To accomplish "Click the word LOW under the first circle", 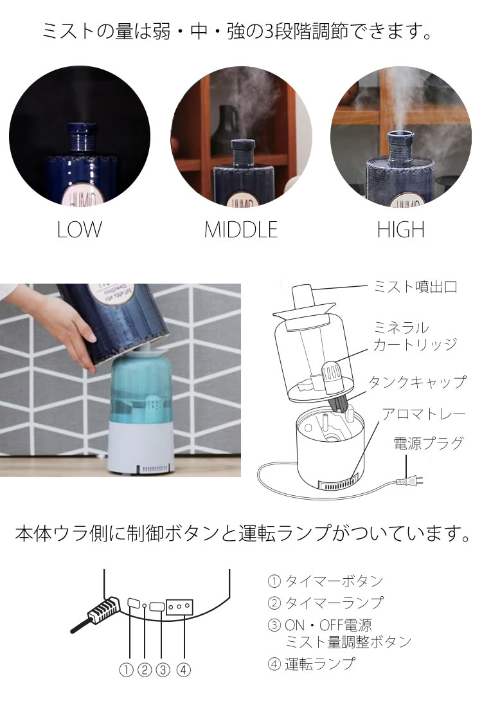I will point(79,230).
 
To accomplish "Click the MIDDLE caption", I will point(240,230).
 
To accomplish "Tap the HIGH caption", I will point(400,230).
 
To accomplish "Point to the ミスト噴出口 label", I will point(415,287).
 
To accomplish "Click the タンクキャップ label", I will point(416,382).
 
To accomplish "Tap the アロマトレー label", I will point(424,413).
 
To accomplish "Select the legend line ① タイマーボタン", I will point(325,581).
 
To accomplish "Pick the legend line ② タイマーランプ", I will point(325,603).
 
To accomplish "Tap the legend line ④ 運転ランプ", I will point(311,664).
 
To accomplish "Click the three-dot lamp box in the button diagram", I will point(179,606).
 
